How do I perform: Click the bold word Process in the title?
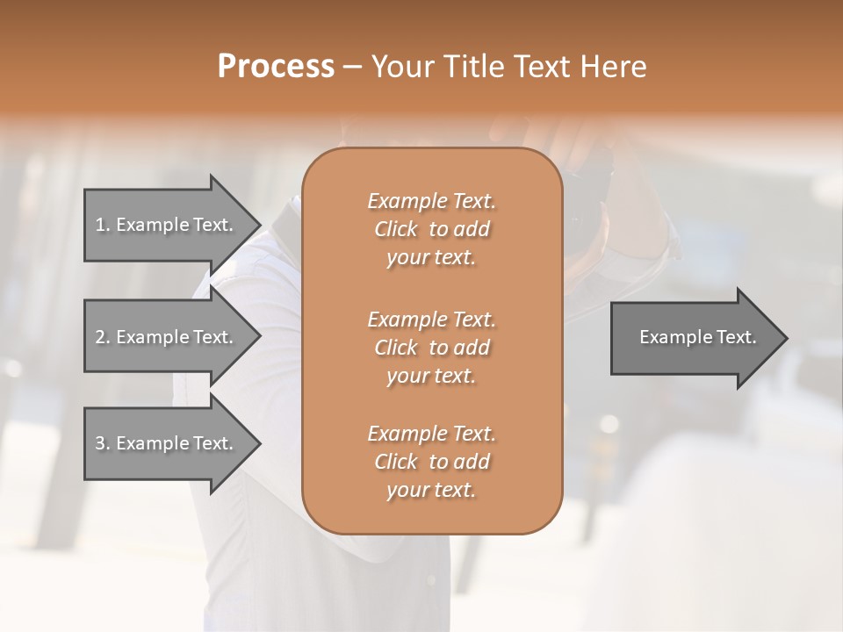275,67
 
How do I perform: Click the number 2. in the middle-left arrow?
103,337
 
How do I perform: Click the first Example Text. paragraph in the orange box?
431,229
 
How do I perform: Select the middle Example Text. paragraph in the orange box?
431,347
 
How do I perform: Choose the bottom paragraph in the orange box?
431,462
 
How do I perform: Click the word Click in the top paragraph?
396,229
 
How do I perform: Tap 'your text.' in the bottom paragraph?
431,491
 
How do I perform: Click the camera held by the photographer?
588,202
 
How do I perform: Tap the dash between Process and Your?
353,67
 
